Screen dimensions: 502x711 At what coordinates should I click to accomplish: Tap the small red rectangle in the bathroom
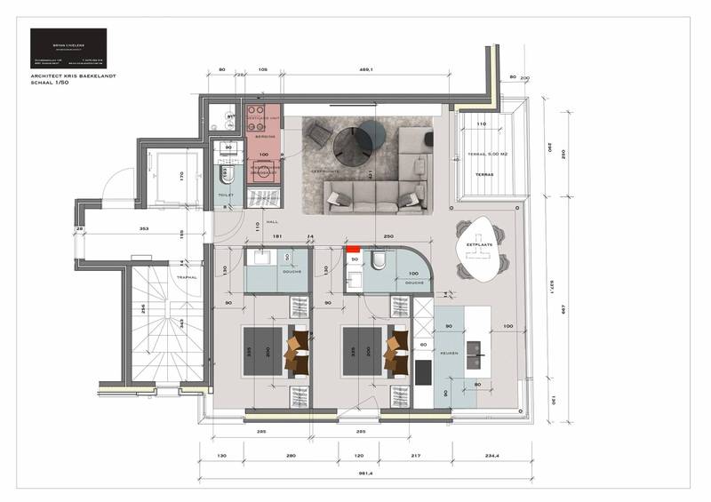pyautogui.click(x=352, y=251)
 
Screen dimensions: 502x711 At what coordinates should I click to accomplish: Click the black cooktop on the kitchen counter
pyautogui.click(x=423, y=370)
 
